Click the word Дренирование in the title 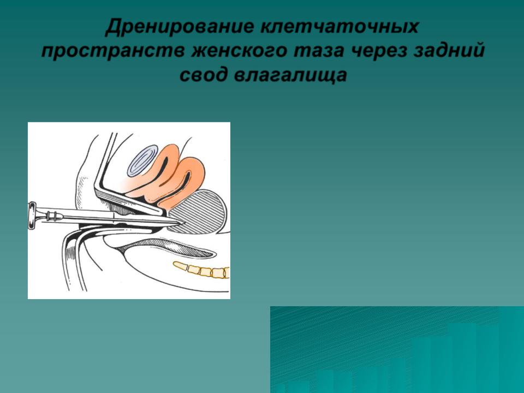[x=179, y=27]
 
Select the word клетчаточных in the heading [x=339, y=27]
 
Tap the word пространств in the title [x=113, y=51]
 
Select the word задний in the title [x=449, y=51]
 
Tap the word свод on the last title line [x=203, y=75]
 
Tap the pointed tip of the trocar [x=186, y=222]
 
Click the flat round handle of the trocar [x=32, y=216]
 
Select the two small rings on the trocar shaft [x=52, y=216]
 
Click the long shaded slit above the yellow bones [x=167, y=248]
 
